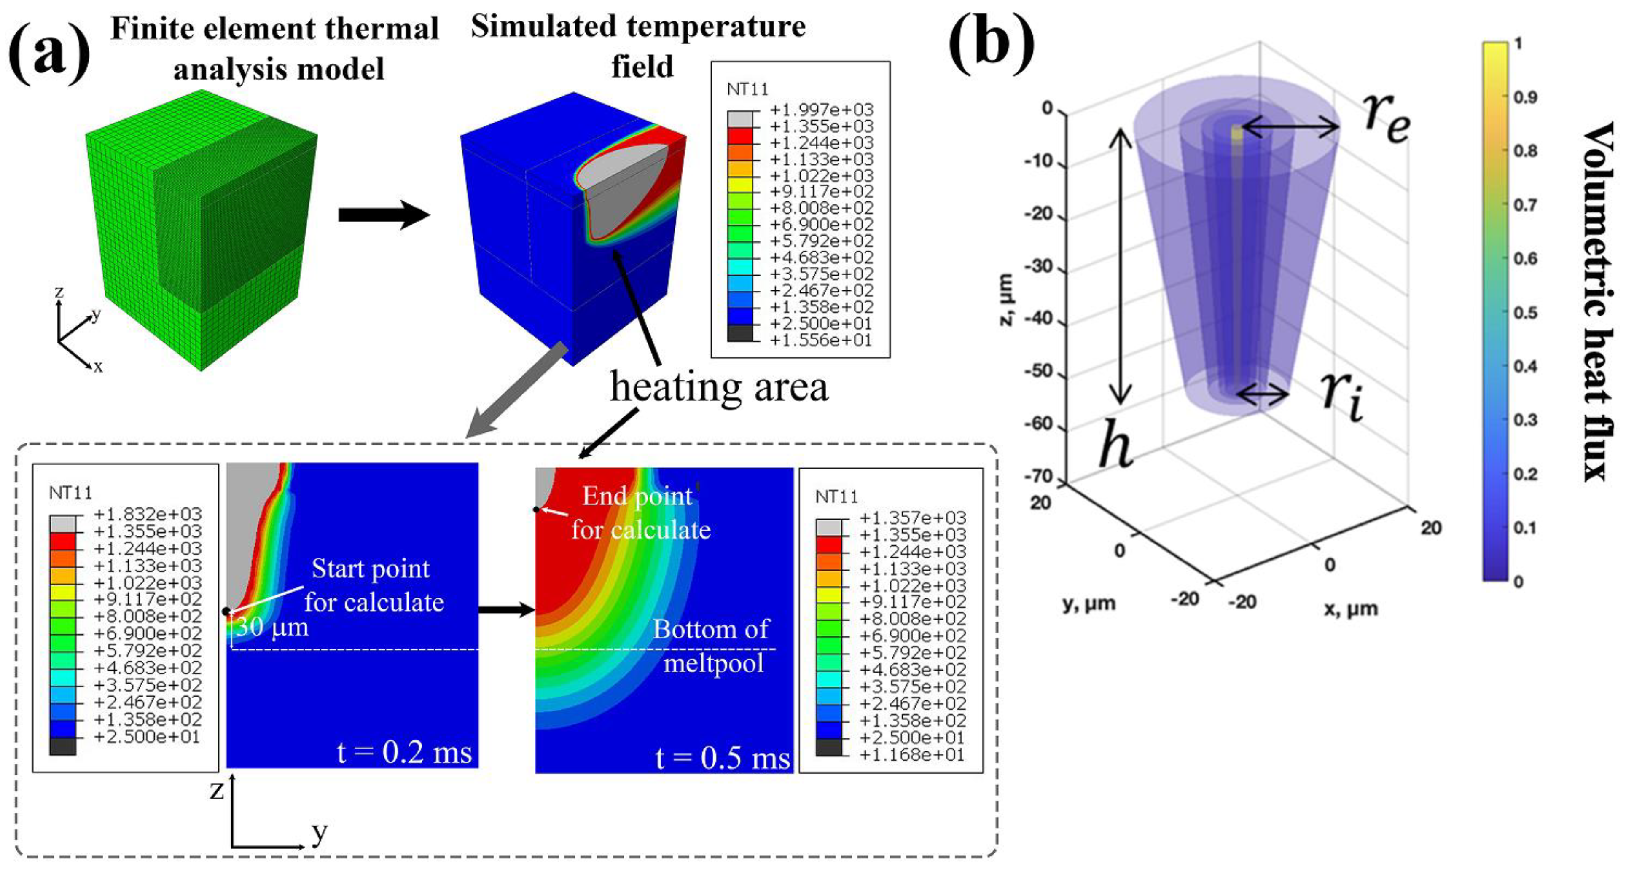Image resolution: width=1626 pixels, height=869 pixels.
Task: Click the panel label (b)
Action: (991, 43)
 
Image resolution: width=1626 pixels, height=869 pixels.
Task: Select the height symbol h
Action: (1115, 445)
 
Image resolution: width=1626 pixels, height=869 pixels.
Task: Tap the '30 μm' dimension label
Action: (273, 627)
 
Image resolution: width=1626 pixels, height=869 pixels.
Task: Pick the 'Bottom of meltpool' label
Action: (712, 646)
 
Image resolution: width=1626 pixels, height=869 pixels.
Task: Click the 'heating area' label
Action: (718, 387)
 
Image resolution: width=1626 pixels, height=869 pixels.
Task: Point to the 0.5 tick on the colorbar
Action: (1525, 312)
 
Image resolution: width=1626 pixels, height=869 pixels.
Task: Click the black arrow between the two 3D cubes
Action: (384, 215)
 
